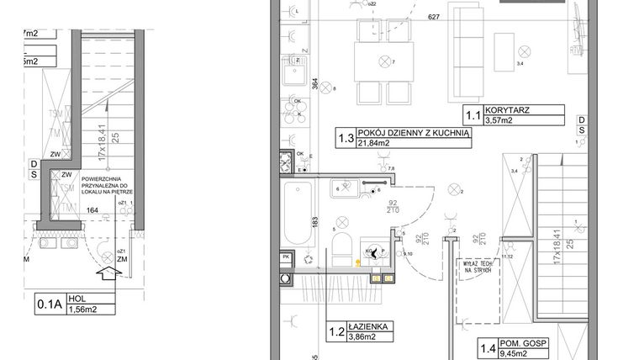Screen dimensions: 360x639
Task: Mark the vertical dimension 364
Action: pyautogui.click(x=314, y=85)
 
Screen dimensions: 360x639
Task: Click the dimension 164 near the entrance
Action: pyautogui.click(x=92, y=211)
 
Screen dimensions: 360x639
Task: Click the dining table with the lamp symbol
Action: pyautogui.click(x=386, y=61)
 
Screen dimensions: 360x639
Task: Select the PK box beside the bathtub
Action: pyautogui.click(x=286, y=257)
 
